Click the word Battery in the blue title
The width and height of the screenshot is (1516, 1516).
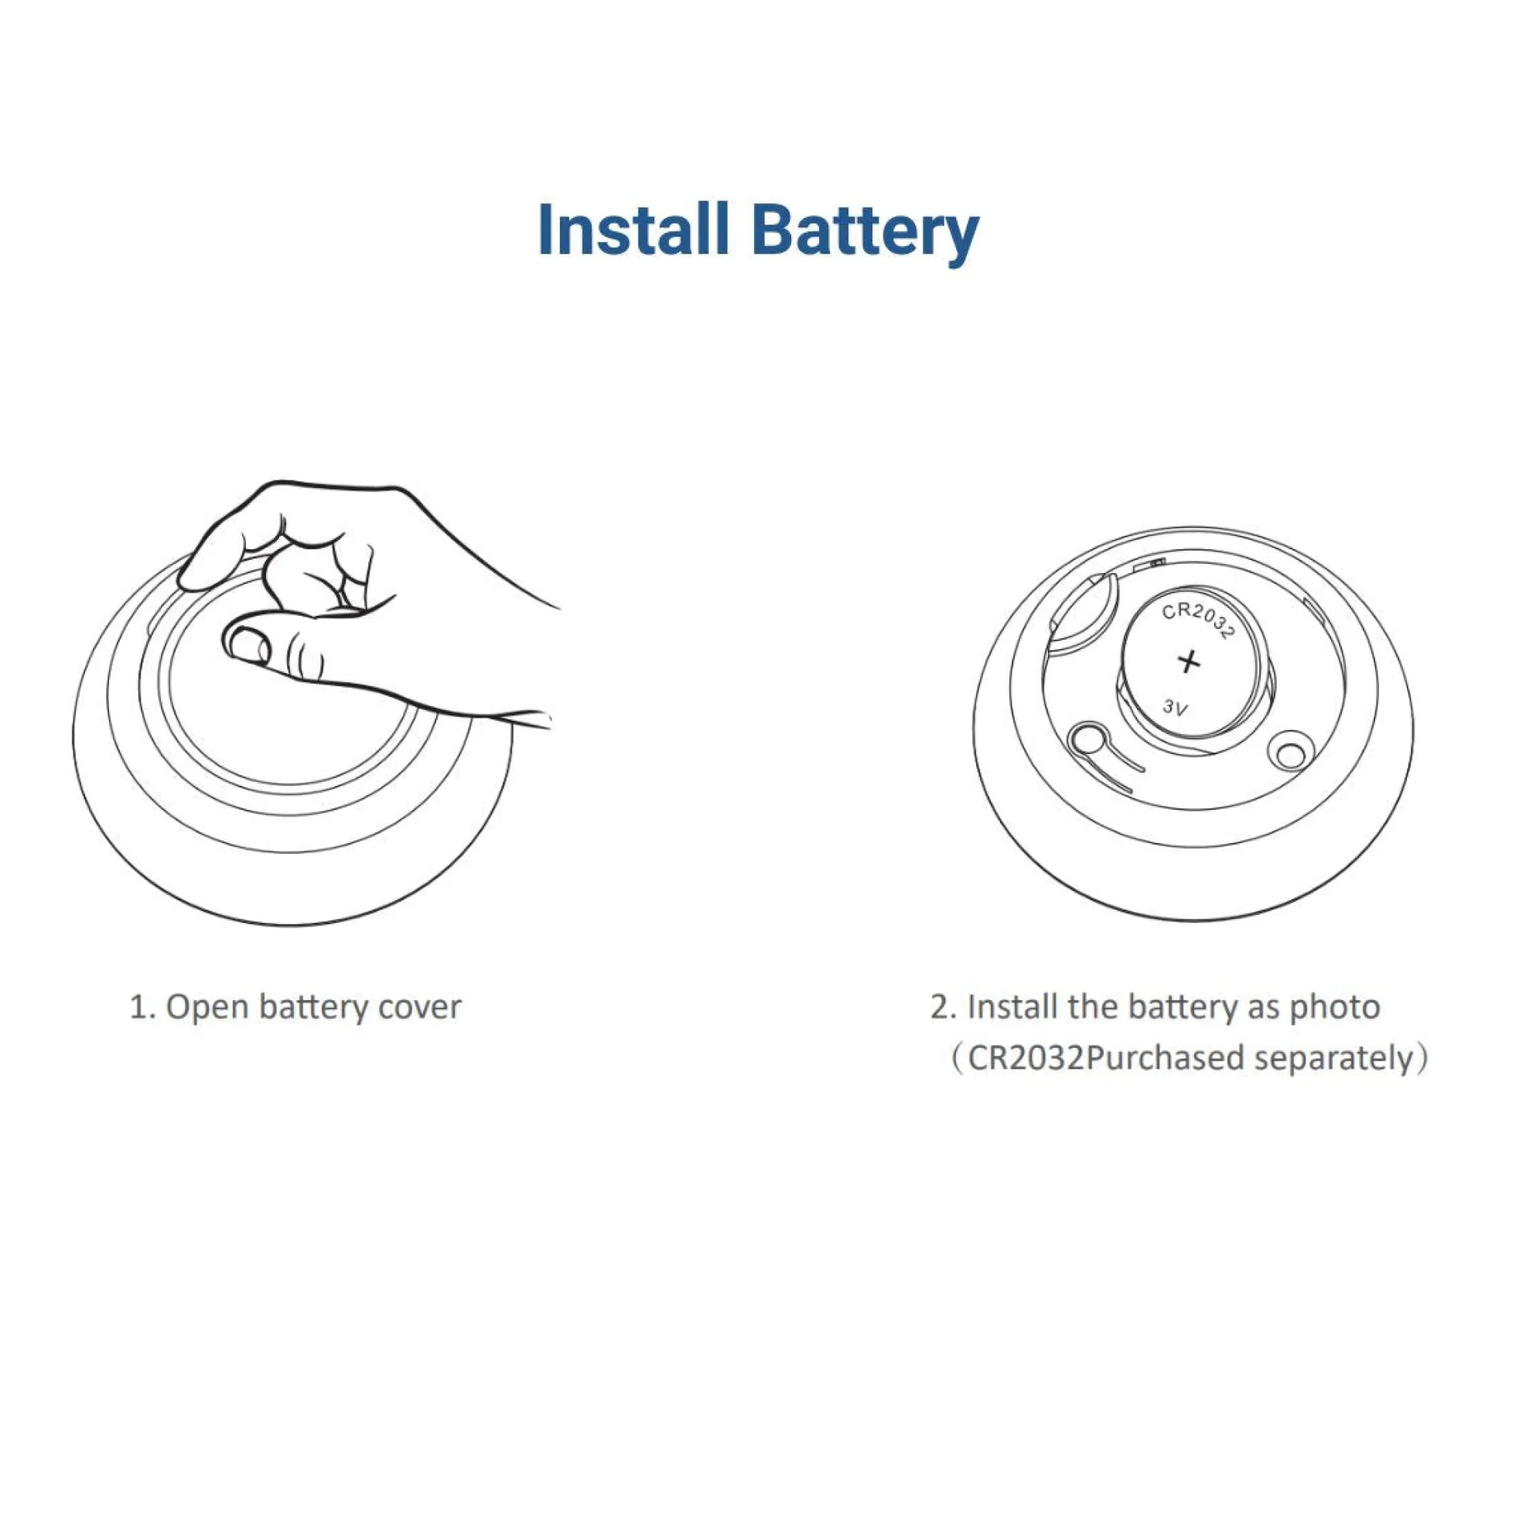(865, 234)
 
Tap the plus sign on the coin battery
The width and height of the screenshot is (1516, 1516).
(1190, 661)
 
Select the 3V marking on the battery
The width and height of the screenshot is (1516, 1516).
(1176, 707)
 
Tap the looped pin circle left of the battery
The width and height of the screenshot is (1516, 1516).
(1087, 738)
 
